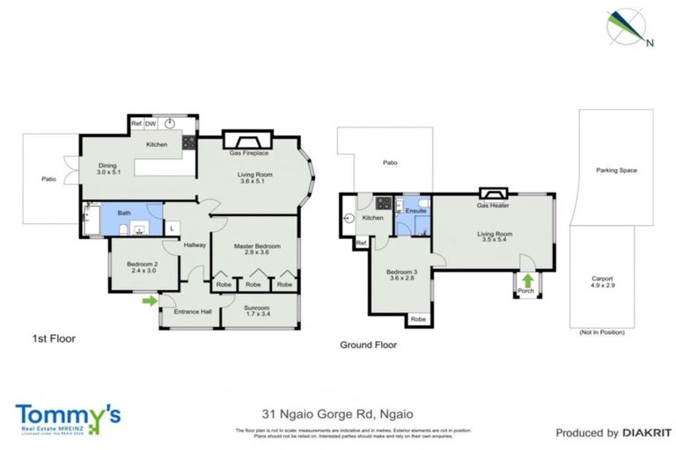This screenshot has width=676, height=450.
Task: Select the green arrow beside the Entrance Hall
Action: [150, 301]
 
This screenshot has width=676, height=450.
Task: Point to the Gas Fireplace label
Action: [247, 153]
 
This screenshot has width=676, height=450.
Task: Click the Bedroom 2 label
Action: [142, 267]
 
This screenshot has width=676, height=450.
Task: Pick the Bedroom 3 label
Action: [402, 275]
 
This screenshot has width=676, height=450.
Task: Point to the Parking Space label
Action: [615, 171]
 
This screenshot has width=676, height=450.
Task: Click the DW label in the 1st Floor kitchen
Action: [151, 124]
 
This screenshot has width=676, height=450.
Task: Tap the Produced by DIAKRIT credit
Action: [607, 432]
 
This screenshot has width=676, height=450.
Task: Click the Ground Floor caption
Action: [368, 345]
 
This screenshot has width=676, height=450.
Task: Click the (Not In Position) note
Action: [601, 333]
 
